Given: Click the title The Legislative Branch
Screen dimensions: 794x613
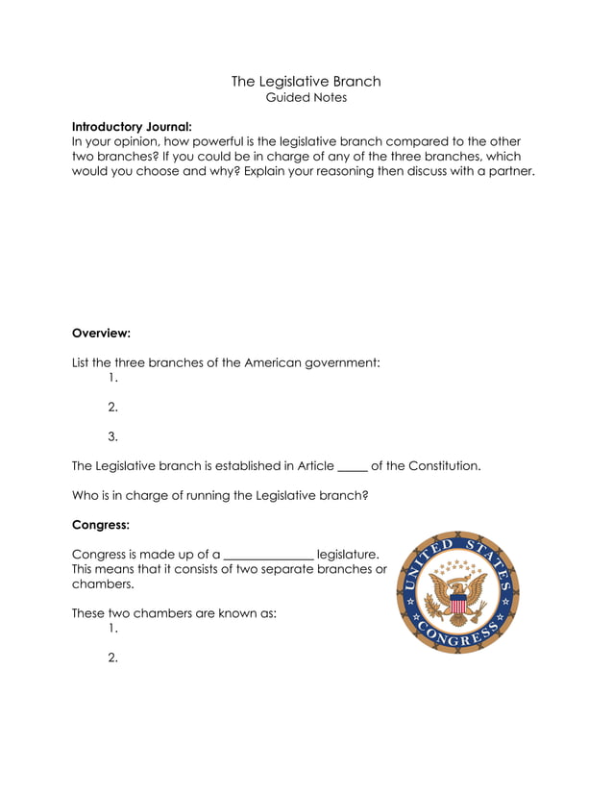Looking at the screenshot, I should click(x=306, y=81).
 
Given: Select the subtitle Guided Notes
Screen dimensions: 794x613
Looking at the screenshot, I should click(x=306, y=97).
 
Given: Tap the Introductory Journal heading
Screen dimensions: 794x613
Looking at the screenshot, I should click(x=132, y=126).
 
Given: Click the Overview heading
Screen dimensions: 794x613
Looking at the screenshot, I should click(x=101, y=334).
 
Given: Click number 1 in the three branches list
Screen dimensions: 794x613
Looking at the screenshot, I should click(x=112, y=378).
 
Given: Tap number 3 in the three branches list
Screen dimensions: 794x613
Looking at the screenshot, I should click(x=112, y=436).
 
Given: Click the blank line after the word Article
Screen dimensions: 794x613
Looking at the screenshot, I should click(x=353, y=467).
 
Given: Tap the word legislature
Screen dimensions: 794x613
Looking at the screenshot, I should click(x=347, y=555).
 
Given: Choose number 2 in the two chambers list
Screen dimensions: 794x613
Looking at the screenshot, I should click(x=112, y=658).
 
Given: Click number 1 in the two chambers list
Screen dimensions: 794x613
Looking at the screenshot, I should click(x=112, y=629).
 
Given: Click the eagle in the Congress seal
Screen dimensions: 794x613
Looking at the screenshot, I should click(x=458, y=597).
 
